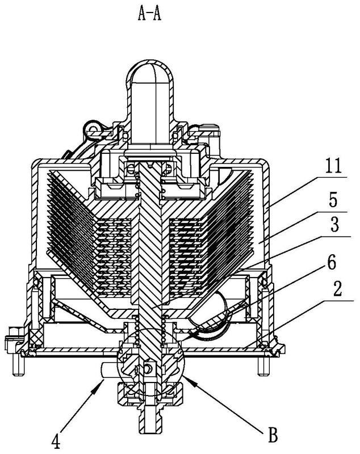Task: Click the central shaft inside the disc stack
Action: point(150,244)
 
